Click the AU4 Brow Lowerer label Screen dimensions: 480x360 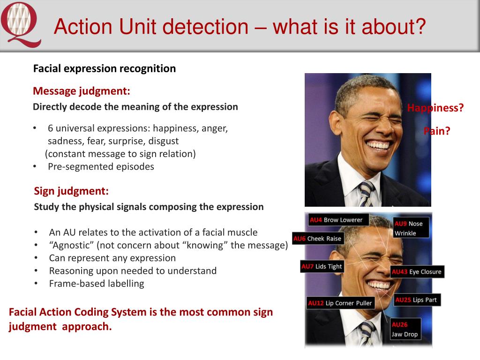pos(336,220)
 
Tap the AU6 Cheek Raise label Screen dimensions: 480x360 pos(317,239)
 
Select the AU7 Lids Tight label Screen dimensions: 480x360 pos(322,267)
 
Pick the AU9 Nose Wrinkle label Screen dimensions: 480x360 pos(408,228)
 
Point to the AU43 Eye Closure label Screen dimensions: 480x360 pos(416,272)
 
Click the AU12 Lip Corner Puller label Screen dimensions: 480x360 pos(340,303)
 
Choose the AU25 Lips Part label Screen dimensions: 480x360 pos(416,300)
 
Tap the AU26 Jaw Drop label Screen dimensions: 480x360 pos(405,330)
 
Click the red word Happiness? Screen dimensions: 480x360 pos(435,108)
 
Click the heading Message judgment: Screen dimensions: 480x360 pos(82,90)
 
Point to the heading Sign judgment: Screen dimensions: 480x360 pos(71,191)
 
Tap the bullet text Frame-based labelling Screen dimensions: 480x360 pos(97,284)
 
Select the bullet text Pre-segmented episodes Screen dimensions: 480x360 pos(101,166)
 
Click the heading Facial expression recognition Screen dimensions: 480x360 pos(105,68)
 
